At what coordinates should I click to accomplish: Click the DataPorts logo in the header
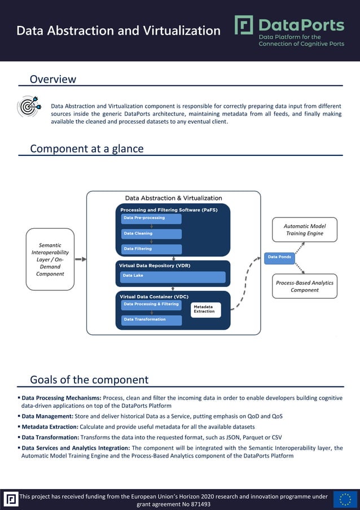(x=289, y=30)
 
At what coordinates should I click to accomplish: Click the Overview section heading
(x=53, y=80)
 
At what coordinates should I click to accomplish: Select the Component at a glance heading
(x=87, y=149)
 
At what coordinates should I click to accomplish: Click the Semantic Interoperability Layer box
(x=50, y=259)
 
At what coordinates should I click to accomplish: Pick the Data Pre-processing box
(x=151, y=218)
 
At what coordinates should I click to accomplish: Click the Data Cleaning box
(x=151, y=233)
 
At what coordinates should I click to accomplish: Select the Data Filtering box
(x=151, y=249)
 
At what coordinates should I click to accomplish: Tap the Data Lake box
(x=172, y=276)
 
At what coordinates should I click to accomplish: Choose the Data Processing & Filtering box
(x=151, y=304)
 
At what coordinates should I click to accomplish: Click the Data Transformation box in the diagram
(x=151, y=320)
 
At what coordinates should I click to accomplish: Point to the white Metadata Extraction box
(x=205, y=309)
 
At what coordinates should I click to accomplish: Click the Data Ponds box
(x=280, y=258)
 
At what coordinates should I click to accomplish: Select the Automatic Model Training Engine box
(x=304, y=230)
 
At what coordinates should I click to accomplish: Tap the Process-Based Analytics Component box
(x=305, y=286)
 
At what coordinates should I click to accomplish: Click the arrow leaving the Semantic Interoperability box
(x=81, y=259)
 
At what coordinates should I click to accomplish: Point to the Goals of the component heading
(x=89, y=380)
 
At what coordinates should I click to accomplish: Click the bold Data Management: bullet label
(x=47, y=416)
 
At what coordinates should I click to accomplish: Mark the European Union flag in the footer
(x=345, y=499)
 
